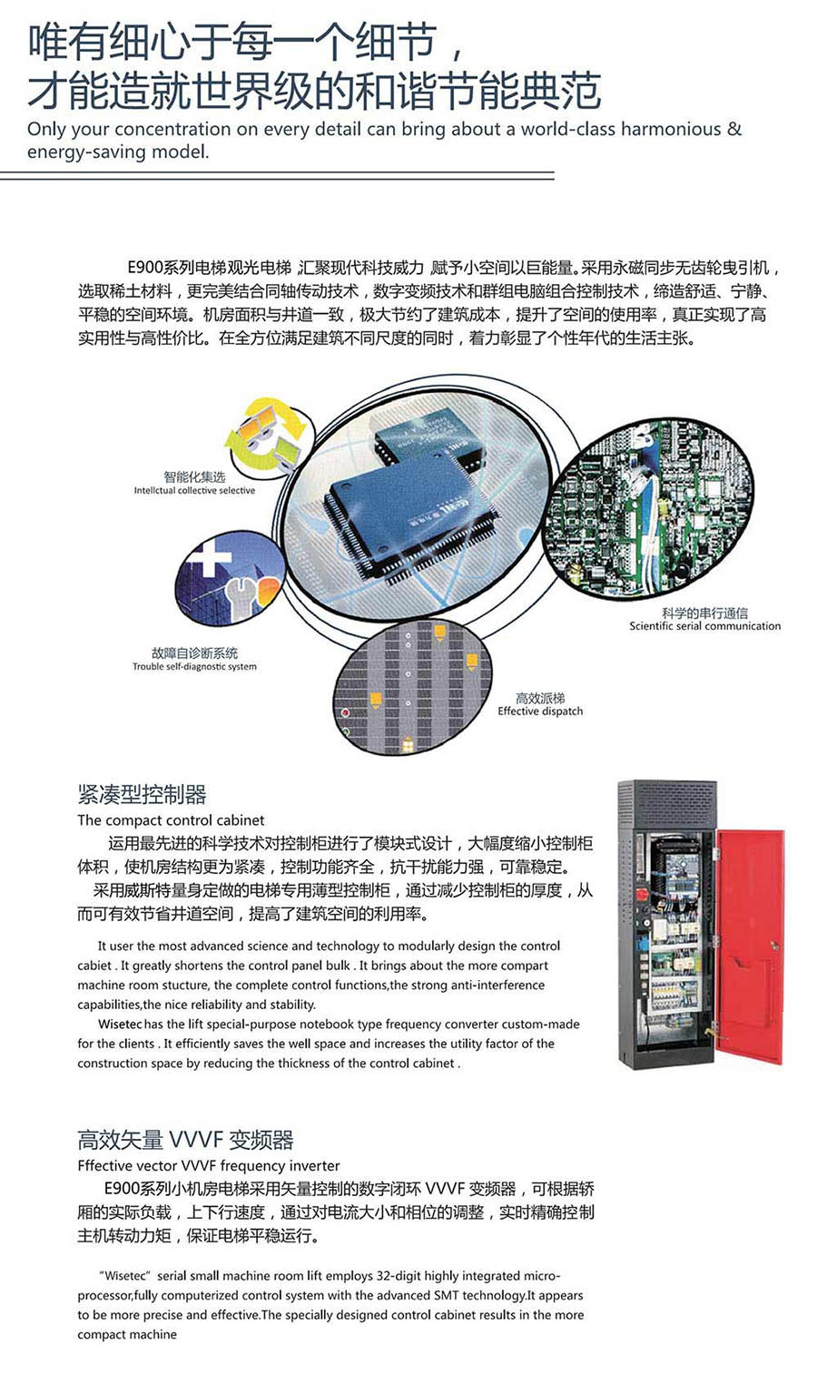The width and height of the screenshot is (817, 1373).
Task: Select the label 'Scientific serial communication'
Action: (704, 626)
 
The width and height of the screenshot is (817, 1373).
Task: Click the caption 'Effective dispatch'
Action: (540, 711)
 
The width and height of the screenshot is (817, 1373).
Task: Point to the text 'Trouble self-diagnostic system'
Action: (194, 666)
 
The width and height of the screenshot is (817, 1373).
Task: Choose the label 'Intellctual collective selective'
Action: (194, 490)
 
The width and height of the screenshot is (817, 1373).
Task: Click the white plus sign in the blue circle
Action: (209, 558)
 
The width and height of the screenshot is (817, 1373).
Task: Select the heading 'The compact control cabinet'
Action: (171, 820)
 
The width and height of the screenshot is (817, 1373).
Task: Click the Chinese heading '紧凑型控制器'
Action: (142, 794)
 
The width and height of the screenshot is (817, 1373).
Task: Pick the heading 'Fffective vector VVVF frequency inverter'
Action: (209, 1165)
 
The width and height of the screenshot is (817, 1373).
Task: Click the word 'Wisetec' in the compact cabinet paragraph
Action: (120, 1024)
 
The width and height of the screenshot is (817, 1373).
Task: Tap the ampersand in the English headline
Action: (734, 129)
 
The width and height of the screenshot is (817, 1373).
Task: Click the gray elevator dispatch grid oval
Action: (413, 688)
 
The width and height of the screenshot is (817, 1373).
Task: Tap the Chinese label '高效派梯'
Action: (540, 698)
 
